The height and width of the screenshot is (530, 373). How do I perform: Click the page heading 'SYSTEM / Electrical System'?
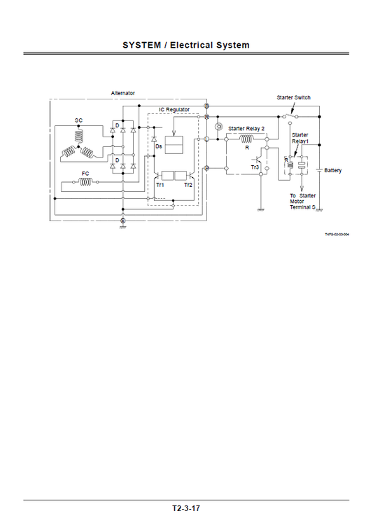point(186,45)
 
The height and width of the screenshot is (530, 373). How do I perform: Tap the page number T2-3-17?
point(186,508)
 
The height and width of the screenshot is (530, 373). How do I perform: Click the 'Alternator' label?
point(123,93)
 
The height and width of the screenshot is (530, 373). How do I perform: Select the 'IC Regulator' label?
point(172,110)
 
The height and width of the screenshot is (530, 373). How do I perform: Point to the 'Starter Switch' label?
point(294,97)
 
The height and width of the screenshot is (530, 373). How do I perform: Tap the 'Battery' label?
point(333,170)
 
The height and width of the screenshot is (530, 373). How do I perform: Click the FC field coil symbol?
point(86,182)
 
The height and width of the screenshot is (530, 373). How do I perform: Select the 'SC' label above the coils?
point(78,120)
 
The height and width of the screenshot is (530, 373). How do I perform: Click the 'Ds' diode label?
point(159,146)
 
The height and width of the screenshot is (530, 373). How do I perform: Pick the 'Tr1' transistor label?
point(160,186)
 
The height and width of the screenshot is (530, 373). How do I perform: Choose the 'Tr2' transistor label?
point(188,186)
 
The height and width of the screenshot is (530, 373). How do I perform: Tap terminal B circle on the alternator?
point(206,105)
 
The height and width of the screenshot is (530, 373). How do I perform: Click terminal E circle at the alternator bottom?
point(122,221)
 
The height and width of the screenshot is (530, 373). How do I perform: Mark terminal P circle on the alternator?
point(206,168)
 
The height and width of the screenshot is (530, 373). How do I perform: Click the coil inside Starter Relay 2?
point(246,139)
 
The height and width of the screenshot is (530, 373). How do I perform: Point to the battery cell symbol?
point(320,169)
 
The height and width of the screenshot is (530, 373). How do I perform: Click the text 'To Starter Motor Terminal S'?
point(303,202)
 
